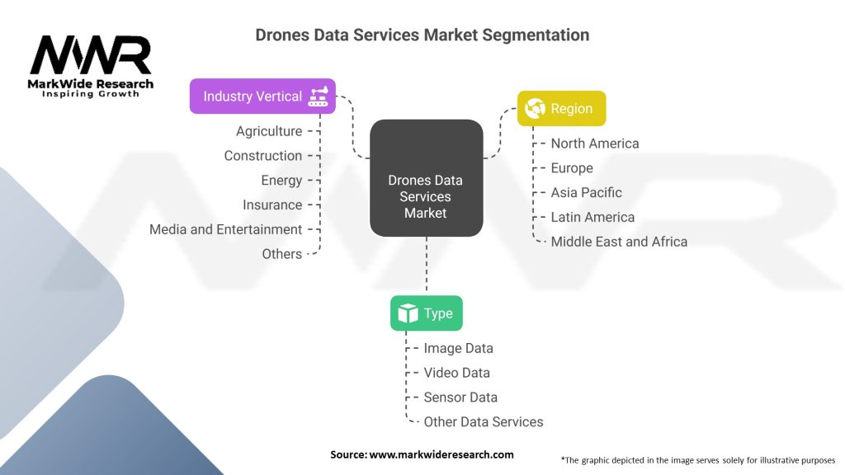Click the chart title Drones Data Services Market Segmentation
click(x=422, y=35)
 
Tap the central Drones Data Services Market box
click(x=426, y=196)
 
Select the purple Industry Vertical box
click(x=262, y=96)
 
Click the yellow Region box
click(x=561, y=109)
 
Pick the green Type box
click(x=426, y=313)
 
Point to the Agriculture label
click(x=269, y=131)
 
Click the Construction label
click(x=263, y=156)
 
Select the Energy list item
click(x=282, y=181)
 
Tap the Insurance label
click(x=272, y=205)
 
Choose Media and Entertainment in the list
click(x=226, y=229)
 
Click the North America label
click(x=595, y=143)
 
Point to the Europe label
click(x=572, y=168)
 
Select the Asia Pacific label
click(x=587, y=192)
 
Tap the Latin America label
click(x=592, y=217)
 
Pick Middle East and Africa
click(x=619, y=242)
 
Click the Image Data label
click(x=458, y=349)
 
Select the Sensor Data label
click(x=460, y=397)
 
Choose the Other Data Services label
click(x=484, y=422)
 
